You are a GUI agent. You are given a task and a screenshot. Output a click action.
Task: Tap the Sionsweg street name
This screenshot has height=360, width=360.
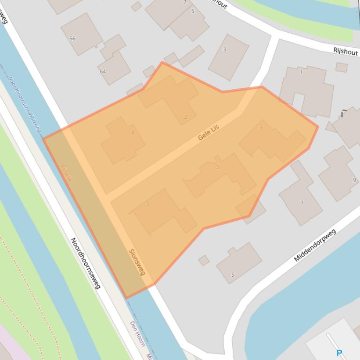pos(137,262)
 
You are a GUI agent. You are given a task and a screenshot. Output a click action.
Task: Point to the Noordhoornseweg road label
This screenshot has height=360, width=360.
pos(85,263)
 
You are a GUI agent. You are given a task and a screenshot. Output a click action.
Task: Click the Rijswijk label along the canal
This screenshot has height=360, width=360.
pos(66,172)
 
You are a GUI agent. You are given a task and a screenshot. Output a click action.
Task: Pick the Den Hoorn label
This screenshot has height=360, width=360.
pos(137,332)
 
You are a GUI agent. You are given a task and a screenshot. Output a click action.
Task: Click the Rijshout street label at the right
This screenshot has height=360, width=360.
pos(345,51)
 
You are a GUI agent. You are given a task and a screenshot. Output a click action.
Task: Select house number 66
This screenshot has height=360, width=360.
pos(72,38)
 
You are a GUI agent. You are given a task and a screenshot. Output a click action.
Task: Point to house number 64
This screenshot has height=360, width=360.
pos(103,72)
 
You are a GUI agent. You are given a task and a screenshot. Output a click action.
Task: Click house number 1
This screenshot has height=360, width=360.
pos(301,72)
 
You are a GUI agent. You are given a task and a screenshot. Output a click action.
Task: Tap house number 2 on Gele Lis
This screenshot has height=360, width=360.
pos(186,117)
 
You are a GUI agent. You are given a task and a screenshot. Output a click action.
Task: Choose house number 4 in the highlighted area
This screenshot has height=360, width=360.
pos(132,132)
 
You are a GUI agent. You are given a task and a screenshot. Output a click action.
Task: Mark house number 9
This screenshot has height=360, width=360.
pos(354,180)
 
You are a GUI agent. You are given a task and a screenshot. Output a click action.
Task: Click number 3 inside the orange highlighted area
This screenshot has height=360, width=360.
pos(261,128)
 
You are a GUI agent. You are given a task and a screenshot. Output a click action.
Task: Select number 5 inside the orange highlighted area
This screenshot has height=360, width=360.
pos(218,167)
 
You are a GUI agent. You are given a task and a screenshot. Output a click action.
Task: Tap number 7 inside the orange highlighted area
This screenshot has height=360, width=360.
pos(148,204)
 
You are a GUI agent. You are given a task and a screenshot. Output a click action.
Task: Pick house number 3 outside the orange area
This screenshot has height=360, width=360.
pos(224,50)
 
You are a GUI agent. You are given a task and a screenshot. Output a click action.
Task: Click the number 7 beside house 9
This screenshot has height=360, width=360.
pos(302,203)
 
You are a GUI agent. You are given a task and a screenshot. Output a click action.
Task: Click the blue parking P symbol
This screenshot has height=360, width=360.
pos(339,353)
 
